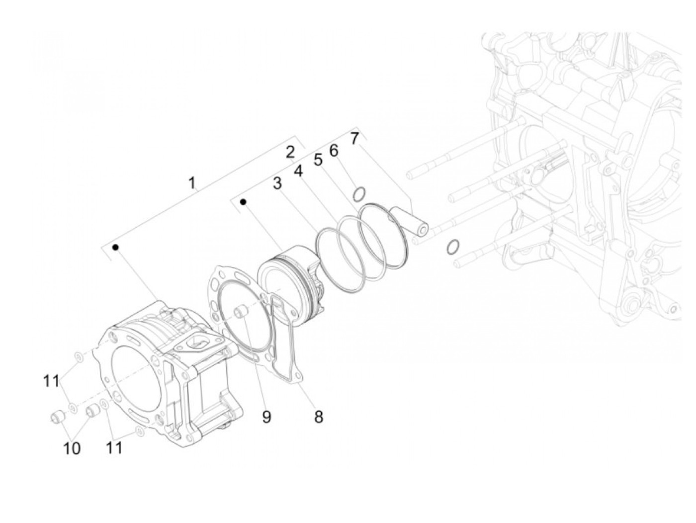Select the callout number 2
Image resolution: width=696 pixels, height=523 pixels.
[291, 152]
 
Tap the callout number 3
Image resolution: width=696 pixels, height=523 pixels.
[277, 183]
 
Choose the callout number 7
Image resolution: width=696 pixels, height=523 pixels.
[354, 139]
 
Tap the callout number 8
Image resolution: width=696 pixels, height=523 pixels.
[318, 417]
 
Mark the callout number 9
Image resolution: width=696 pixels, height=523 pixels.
[266, 417]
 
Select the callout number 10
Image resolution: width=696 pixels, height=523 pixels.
[72, 448]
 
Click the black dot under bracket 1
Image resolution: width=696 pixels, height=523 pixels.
[115, 247]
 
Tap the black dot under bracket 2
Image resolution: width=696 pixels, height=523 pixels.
[244, 201]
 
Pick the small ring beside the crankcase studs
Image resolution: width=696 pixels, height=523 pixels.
[452, 247]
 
